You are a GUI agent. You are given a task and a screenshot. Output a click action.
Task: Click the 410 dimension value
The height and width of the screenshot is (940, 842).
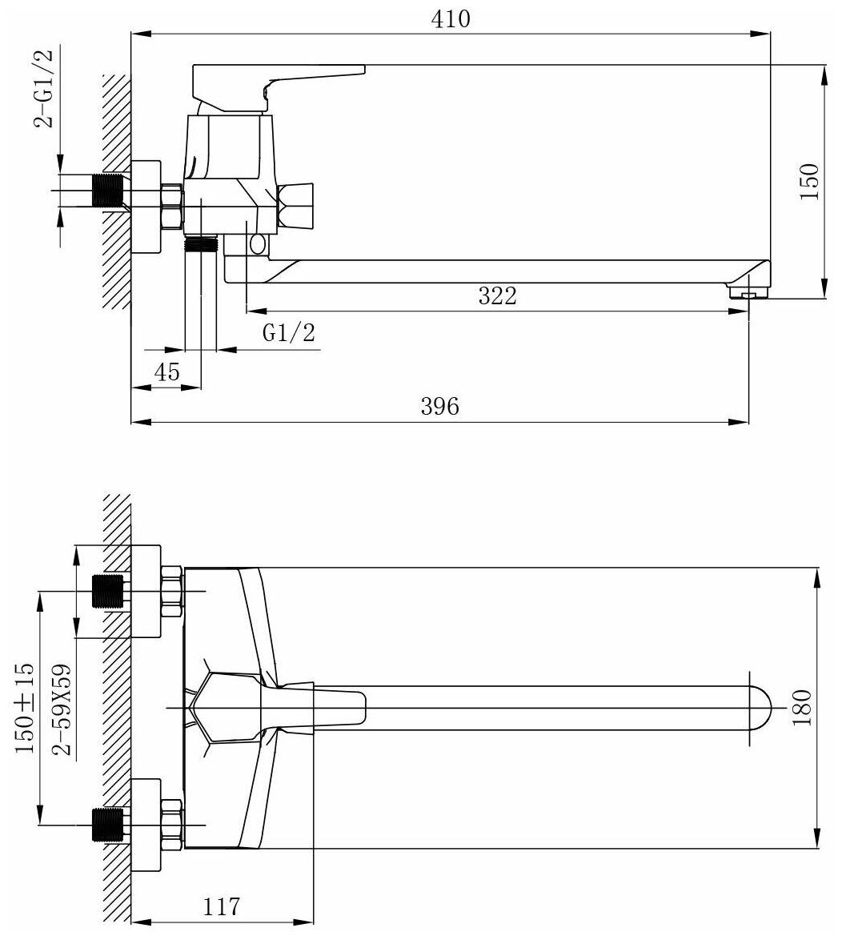coord(450,19)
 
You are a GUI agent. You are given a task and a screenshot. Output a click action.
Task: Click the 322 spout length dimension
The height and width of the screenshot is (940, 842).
coord(498,295)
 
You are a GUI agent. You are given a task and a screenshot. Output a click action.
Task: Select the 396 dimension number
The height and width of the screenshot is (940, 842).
coord(440,407)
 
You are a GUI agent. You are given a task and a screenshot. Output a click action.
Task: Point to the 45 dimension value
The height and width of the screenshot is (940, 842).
coord(166,372)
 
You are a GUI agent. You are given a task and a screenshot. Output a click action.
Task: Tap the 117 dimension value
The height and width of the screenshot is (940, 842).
coord(222,907)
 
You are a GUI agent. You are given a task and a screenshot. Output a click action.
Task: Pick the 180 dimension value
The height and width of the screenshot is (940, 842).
coord(804,708)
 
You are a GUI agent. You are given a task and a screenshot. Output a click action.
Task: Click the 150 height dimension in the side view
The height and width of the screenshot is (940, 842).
coord(809,182)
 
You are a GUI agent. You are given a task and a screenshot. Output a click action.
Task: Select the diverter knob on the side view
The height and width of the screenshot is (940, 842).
coord(297,203)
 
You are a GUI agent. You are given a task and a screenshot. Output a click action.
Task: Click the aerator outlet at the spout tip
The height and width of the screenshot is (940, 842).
coord(749,295)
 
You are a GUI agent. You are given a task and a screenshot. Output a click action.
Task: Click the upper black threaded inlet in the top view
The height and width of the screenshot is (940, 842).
coord(110,591)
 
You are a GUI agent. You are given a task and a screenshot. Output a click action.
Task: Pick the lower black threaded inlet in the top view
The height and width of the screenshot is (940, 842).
coord(110,825)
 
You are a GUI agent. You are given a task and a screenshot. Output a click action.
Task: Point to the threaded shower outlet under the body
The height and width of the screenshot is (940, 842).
coord(202,243)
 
